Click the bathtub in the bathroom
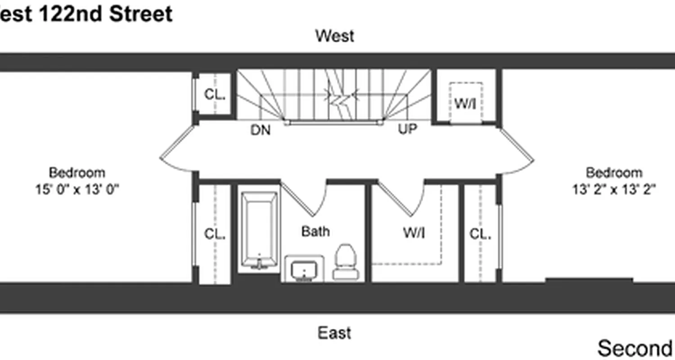pyautogui.click(x=259, y=229)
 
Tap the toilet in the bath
pyautogui.click(x=346, y=262)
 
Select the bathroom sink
pyautogui.click(x=304, y=270)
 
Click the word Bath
pyautogui.click(x=315, y=231)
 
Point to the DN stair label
pyautogui.click(x=261, y=130)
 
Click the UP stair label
pyautogui.click(x=408, y=129)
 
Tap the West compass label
pyautogui.click(x=334, y=36)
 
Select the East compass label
pyautogui.click(x=334, y=333)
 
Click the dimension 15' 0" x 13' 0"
pyautogui.click(x=77, y=189)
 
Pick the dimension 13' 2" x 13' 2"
pyautogui.click(x=614, y=189)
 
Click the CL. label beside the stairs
pyautogui.click(x=215, y=94)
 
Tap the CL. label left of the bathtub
pyautogui.click(x=215, y=234)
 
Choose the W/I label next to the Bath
pyautogui.click(x=414, y=233)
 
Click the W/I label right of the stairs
pyautogui.click(x=465, y=103)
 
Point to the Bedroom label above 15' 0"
pyautogui.click(x=77, y=173)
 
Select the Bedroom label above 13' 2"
pyautogui.click(x=614, y=173)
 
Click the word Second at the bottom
pyautogui.click(x=634, y=348)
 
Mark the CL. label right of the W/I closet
pyautogui.click(x=480, y=234)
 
